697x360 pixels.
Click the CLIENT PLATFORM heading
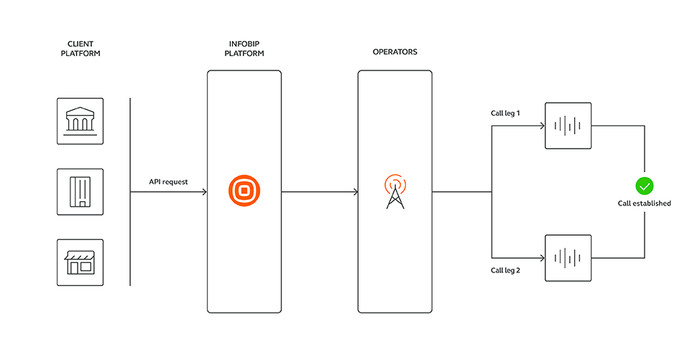[80, 48]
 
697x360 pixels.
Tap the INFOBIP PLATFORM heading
[244, 48]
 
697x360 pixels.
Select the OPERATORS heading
[394, 52]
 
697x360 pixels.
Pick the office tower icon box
[80, 192]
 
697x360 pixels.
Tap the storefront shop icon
[80, 262]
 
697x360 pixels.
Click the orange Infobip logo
[244, 191]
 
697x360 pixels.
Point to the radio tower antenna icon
[395, 192]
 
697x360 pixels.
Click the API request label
[168, 182]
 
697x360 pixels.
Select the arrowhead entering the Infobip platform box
[205, 192]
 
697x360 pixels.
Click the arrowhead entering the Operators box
[356, 192]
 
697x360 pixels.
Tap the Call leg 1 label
[505, 114]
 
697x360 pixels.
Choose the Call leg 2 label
[505, 270]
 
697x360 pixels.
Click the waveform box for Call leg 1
[568, 126]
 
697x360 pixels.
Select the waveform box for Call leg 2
[568, 258]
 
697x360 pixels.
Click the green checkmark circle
[644, 186]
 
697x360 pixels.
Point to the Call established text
[644, 203]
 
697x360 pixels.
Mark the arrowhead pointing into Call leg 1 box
[543, 126]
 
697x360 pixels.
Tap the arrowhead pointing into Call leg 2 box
[543, 258]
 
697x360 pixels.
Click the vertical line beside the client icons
[130, 192]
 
